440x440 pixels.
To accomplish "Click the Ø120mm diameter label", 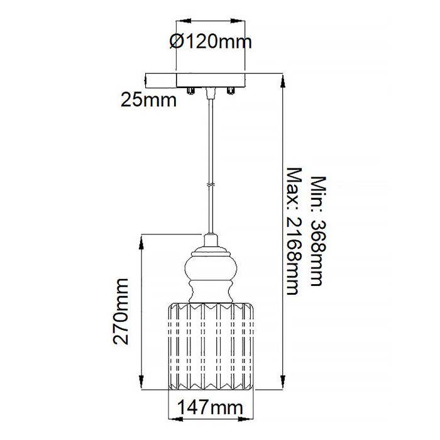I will tap(211, 42).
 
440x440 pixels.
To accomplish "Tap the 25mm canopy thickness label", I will tap(148, 99).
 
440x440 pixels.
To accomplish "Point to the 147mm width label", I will tap(211, 408).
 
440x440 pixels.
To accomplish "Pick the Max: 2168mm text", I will tap(292, 231).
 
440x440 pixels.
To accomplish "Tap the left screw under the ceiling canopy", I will tap(192, 92).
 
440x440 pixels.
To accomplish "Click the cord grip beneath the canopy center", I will tap(211, 93).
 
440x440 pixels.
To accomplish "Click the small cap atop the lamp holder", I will tap(211, 239).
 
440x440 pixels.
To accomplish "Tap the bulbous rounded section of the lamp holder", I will tap(211, 267).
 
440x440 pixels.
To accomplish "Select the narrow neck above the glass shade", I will tap(211, 292).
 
